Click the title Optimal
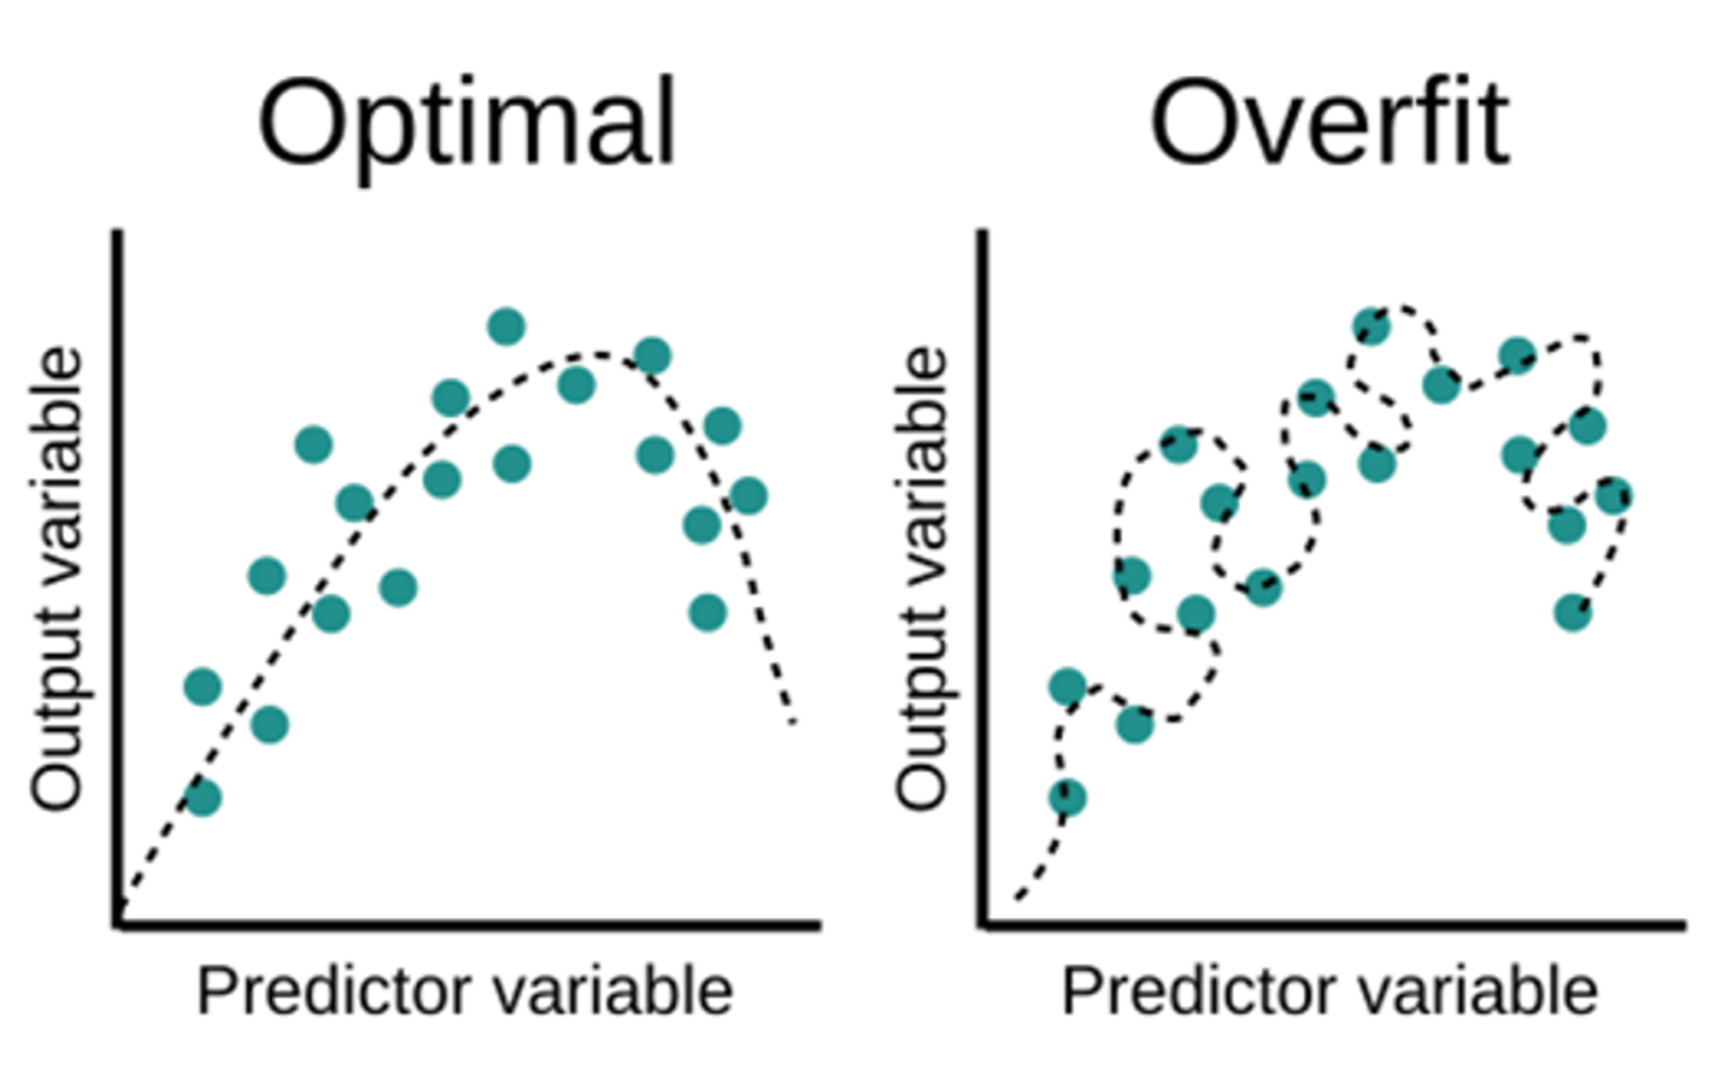point(467,124)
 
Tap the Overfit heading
point(1330,124)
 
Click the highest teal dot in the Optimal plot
point(506,327)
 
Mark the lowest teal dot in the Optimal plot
point(203,798)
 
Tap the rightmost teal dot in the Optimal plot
point(749,496)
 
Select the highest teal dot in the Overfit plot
point(1371,327)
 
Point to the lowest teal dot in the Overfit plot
point(1067,798)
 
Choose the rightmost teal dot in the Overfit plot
point(1614,496)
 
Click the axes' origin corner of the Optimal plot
point(118,924)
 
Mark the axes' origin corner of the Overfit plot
point(984,924)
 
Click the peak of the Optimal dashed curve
point(598,354)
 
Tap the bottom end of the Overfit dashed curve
point(1018,898)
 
